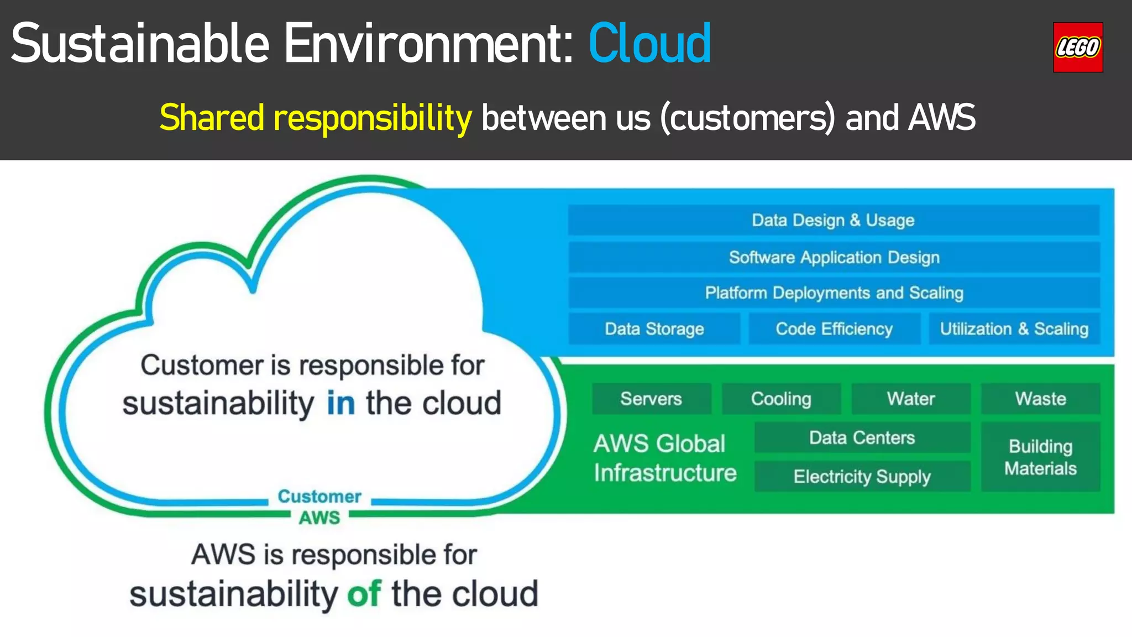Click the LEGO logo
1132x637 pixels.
point(1077,48)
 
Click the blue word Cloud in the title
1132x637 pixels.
point(649,44)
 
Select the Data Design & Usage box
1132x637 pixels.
point(833,220)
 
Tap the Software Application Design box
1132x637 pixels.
point(834,257)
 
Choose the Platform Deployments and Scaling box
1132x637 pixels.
point(834,293)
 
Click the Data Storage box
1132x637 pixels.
point(654,329)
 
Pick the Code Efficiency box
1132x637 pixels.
point(834,329)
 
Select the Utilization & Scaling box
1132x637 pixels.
point(1014,329)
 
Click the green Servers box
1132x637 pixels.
point(651,399)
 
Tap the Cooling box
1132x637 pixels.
point(780,399)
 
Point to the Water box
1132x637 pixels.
point(910,399)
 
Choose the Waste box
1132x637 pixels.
point(1040,399)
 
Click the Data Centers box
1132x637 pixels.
point(862,437)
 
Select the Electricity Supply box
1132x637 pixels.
point(862,476)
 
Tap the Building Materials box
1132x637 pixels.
point(1040,457)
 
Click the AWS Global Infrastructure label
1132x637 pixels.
point(665,458)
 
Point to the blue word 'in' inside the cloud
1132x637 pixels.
point(340,403)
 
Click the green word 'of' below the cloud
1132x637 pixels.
point(363,594)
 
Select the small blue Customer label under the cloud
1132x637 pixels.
point(319,497)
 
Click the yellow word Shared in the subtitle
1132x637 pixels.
point(212,118)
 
